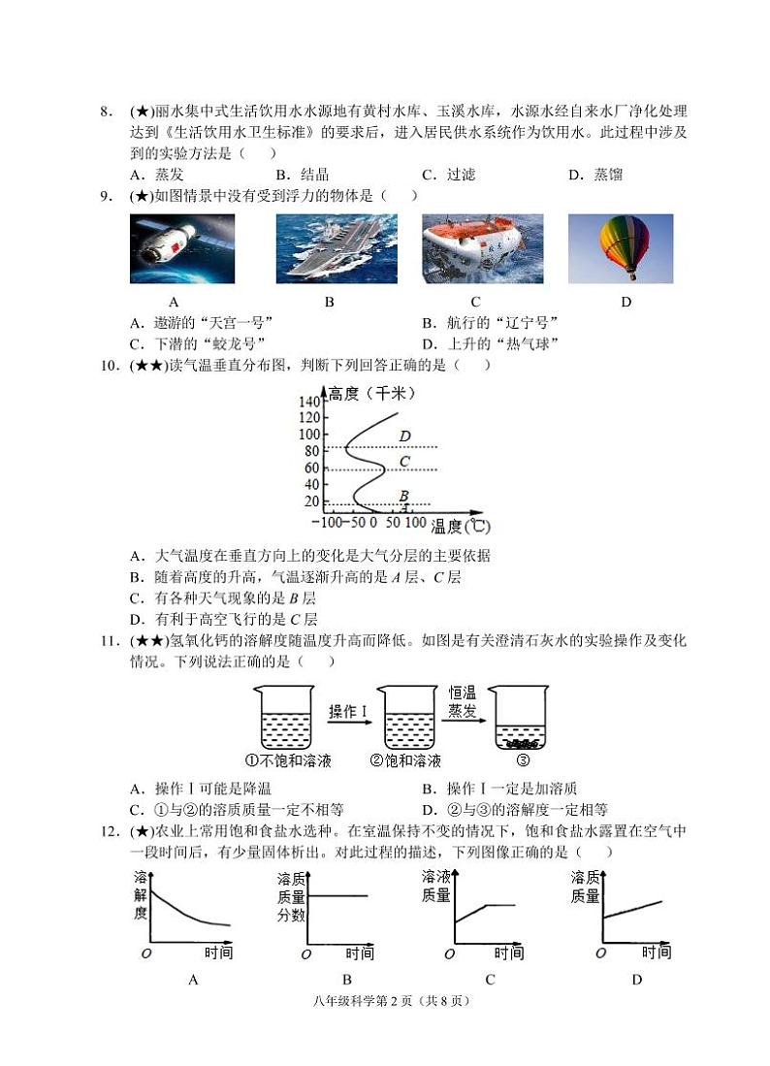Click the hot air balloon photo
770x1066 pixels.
621,248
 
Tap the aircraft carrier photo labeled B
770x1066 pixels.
329,248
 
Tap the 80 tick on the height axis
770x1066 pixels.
312,451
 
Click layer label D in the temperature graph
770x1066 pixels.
404,436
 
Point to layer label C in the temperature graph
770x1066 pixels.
404,461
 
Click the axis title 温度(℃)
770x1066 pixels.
461,527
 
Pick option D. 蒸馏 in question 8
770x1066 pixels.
594,175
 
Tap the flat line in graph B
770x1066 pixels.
337,895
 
